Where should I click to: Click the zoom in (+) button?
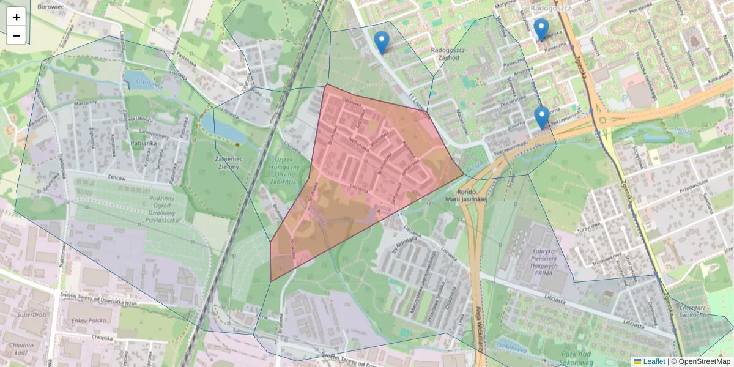17,17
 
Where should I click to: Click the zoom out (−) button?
17,35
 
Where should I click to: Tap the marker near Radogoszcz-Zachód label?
382,42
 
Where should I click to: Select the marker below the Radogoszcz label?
541,29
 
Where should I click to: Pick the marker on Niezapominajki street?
541,117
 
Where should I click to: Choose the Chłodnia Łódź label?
21,349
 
